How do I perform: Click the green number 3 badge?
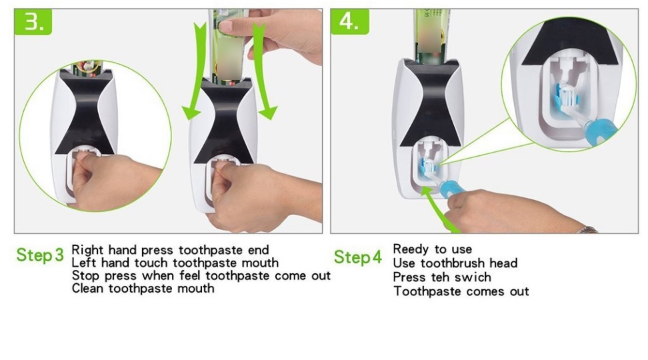pos(33,21)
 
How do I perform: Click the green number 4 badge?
pos(349,21)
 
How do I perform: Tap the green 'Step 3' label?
pos(40,255)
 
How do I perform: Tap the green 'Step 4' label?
pos(358,257)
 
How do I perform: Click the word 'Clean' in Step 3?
pos(88,288)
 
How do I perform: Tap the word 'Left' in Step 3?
pos(84,263)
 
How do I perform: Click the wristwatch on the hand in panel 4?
pos(587,230)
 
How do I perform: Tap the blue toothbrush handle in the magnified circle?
pos(600,131)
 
